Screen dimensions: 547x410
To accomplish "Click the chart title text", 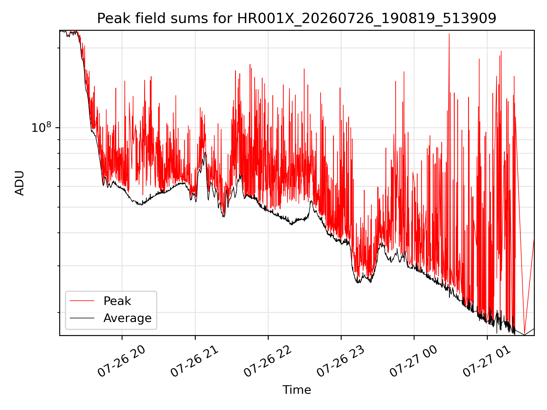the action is [297, 19].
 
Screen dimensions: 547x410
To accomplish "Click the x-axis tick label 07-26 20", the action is [122, 361].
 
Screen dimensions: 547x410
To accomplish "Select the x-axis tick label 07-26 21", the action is [195, 361].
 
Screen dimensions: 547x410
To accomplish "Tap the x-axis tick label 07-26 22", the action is [268, 361].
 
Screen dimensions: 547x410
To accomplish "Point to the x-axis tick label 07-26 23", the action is [341, 361].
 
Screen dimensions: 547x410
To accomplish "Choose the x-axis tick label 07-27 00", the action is [414, 361].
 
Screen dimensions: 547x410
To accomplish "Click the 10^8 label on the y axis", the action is [41, 127].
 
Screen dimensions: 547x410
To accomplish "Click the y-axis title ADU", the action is [20, 183].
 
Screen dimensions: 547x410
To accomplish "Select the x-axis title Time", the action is [297, 390].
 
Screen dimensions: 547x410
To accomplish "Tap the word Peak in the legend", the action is [117, 301].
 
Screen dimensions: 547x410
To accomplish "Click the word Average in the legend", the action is [127, 318].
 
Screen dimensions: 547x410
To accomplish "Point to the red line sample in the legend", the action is [82, 301].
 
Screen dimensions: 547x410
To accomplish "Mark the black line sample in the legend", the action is [82, 318].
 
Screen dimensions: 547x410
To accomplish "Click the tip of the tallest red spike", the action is [449, 34].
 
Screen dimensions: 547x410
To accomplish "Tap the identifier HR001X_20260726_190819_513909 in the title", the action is [367, 19].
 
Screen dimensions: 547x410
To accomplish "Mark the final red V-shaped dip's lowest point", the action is [524, 334].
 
